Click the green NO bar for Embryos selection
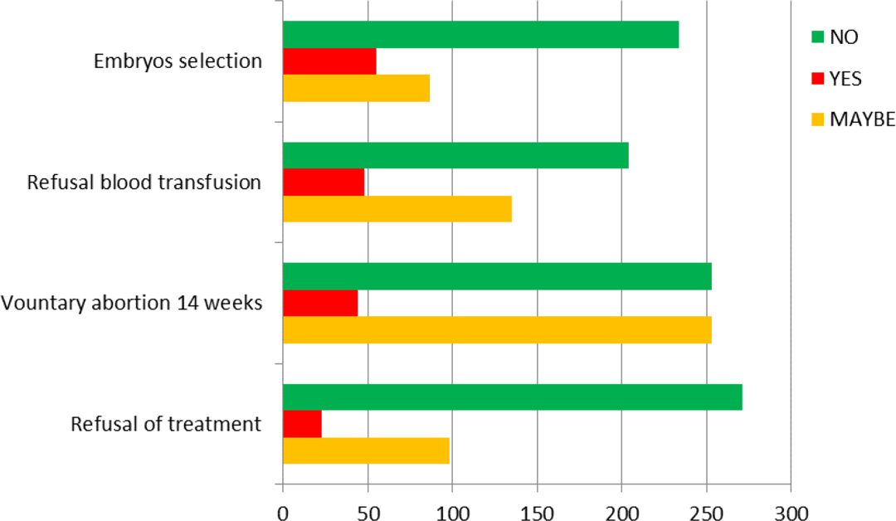[481, 35]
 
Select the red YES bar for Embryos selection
[329, 61]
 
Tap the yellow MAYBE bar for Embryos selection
[357, 89]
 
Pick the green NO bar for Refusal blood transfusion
[456, 155]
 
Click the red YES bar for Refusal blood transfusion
[324, 183]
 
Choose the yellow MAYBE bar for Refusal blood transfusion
[397, 209]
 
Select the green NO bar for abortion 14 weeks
[498, 276]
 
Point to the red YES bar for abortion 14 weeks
[320, 303]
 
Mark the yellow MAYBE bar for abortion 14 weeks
[498, 329]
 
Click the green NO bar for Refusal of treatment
[514, 397]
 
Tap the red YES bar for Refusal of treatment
[303, 424]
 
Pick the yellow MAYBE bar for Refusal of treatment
[367, 450]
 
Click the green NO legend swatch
[818, 37]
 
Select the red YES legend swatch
[818, 78]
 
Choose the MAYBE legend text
[862, 119]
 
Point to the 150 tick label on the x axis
[537, 513]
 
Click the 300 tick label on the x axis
[791, 513]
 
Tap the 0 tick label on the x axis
[284, 513]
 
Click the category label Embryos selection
[178, 61]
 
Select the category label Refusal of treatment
[166, 424]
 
